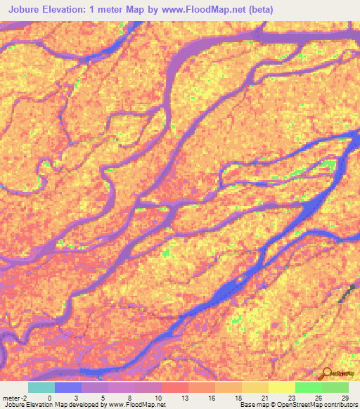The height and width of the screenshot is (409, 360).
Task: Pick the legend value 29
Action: (344, 397)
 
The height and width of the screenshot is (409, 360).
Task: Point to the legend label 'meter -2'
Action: (15, 397)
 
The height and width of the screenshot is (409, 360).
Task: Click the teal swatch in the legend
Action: (41, 387)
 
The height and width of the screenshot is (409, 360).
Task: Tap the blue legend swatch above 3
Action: (68, 387)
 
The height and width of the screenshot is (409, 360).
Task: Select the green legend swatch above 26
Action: (309, 387)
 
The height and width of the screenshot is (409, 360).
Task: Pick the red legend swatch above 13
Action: (175, 387)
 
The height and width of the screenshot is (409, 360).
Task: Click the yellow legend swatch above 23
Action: (282, 387)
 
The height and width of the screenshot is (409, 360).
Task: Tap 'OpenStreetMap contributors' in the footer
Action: (320, 404)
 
